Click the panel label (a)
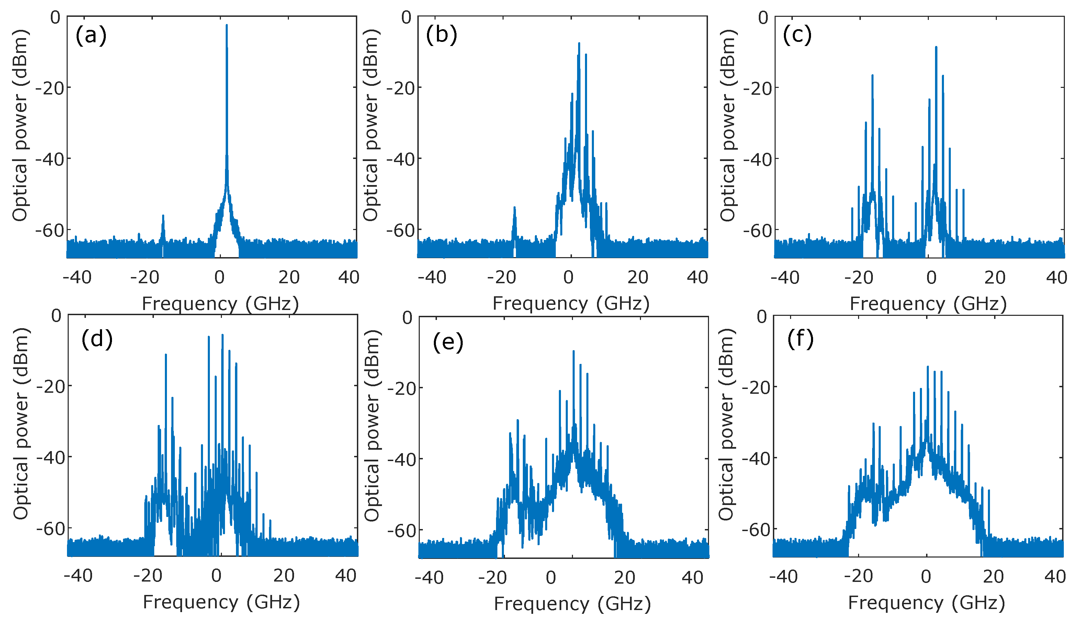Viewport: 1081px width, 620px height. tap(91, 35)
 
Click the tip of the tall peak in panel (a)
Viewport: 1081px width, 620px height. tap(227, 25)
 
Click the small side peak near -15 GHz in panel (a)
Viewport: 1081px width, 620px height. tap(163, 216)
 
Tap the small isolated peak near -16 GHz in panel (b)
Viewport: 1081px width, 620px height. tap(514, 208)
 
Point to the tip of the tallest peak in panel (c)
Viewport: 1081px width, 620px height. tap(936, 47)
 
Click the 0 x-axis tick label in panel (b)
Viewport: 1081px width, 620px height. tap(568, 278)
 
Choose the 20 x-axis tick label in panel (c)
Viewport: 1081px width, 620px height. tap(995, 278)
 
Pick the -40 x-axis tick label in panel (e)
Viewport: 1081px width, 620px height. tap(429, 578)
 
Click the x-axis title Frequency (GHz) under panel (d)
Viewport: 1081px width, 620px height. tap(221, 602)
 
